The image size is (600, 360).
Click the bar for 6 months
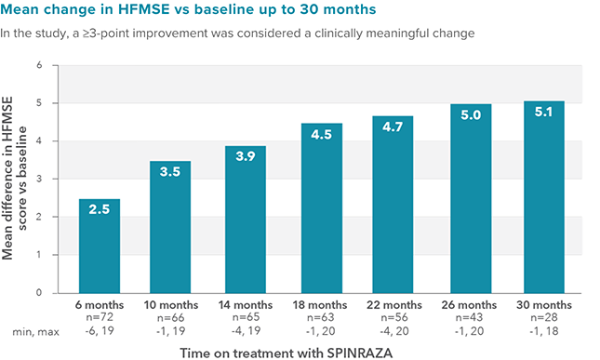tap(99, 246)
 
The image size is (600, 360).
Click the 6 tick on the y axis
tap(40, 66)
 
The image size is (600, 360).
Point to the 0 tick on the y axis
tap(40, 293)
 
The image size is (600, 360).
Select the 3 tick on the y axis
tap(40, 180)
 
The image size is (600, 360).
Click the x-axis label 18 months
tap(321, 304)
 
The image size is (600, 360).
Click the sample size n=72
tap(99, 316)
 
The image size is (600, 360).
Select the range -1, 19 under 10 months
tap(170, 328)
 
